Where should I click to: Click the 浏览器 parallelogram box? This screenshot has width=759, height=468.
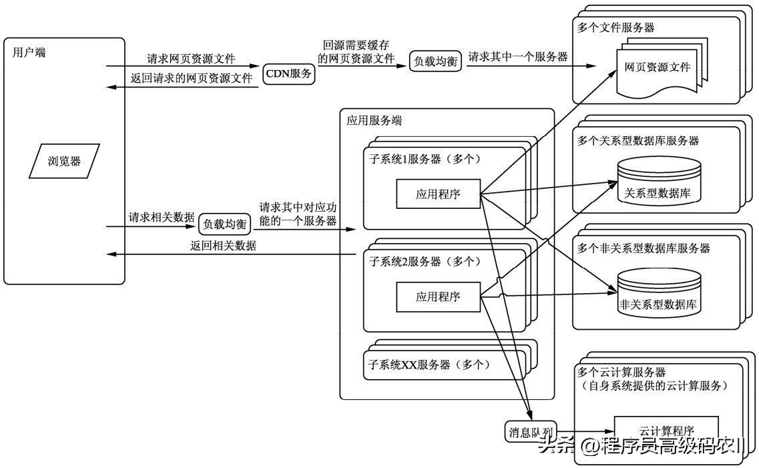coord(64,161)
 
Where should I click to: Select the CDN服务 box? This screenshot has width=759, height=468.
coord(288,74)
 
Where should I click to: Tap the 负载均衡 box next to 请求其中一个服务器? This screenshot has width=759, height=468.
coord(435,61)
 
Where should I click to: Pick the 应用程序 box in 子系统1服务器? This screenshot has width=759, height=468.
coord(438,194)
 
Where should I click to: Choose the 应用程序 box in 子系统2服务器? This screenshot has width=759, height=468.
coord(438,296)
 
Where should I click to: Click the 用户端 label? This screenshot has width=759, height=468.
coord(29,53)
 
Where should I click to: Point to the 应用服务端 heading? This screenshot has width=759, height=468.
coord(374,121)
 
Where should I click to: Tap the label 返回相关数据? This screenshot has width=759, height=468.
coord(223,246)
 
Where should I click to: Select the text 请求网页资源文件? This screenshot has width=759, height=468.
coord(191,58)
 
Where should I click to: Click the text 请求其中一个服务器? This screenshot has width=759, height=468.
coord(518,57)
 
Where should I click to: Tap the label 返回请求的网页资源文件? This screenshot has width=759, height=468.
coord(191,78)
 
